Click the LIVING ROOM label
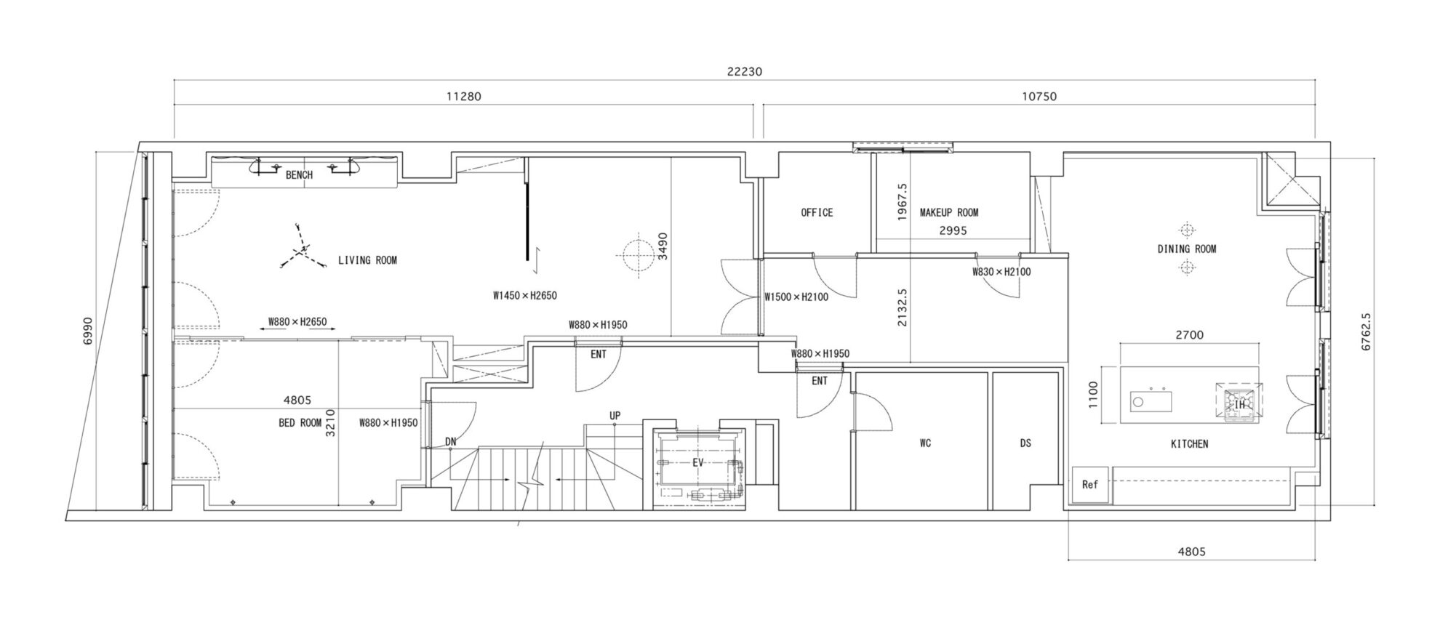tap(367, 260)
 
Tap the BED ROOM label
tap(300, 423)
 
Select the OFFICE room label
tap(817, 213)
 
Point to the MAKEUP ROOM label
tap(949, 213)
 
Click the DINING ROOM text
tap(1187, 249)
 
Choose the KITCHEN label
tap(1189, 443)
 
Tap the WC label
tap(925, 443)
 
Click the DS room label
tap(1025, 443)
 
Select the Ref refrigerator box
tap(1090, 485)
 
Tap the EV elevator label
tap(697, 462)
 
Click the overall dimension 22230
tap(744, 72)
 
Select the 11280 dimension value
tap(463, 96)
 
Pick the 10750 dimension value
tap(1039, 96)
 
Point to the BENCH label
tap(299, 175)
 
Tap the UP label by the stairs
tap(615, 416)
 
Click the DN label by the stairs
tap(451, 442)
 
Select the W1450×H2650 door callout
tap(525, 296)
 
